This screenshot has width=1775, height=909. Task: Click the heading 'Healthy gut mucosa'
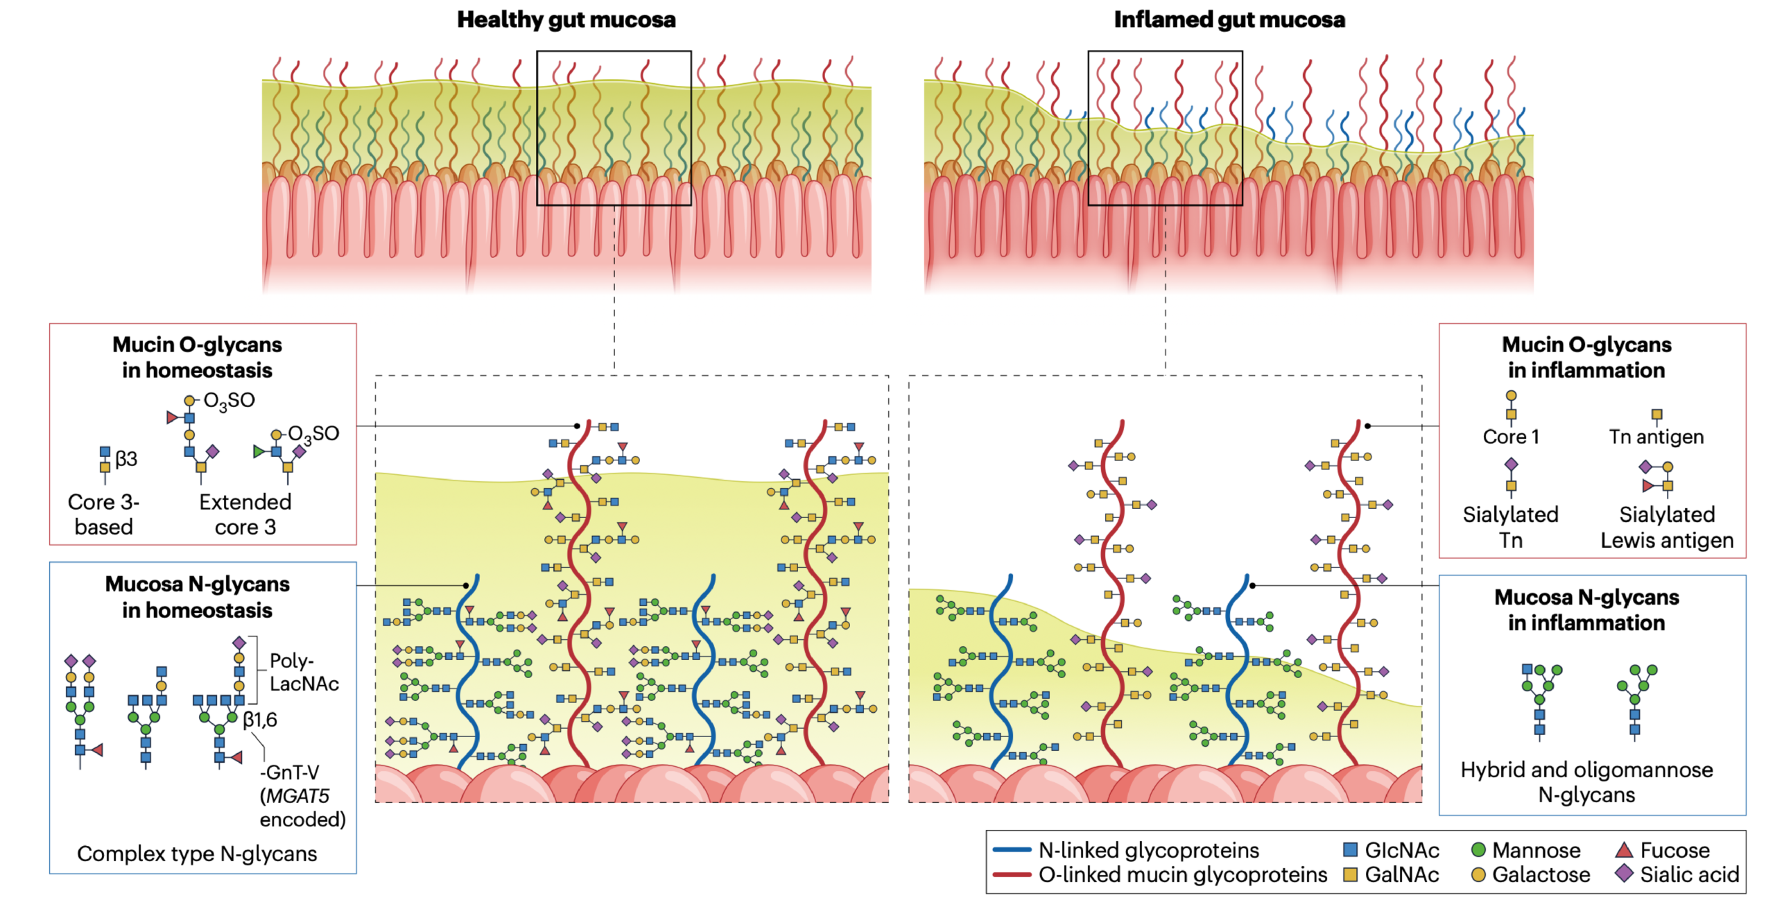tap(566, 19)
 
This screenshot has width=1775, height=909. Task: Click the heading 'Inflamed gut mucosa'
tap(1229, 19)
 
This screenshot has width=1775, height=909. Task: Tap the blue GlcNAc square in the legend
tap(1350, 849)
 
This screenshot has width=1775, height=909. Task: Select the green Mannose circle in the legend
tap(1478, 849)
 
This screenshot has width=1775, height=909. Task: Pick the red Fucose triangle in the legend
tap(1624, 849)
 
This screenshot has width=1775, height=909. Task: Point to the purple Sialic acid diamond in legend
tap(1624, 874)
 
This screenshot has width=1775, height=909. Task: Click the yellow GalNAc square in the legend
tap(1350, 874)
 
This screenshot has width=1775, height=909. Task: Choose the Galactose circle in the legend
tap(1478, 874)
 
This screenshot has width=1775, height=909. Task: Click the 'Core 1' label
tap(1510, 437)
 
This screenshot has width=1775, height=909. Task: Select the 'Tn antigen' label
tap(1656, 437)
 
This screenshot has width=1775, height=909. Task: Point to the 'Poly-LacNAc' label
tap(304, 672)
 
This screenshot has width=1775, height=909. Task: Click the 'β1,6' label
tap(260, 720)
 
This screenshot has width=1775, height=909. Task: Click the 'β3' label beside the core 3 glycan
tap(126, 458)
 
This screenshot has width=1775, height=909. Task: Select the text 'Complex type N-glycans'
tap(197, 854)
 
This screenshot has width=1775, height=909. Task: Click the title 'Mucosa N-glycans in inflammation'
tap(1586, 609)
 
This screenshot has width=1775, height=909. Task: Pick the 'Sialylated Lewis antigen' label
tap(1667, 527)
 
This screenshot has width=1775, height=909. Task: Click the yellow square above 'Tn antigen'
tap(1656, 415)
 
